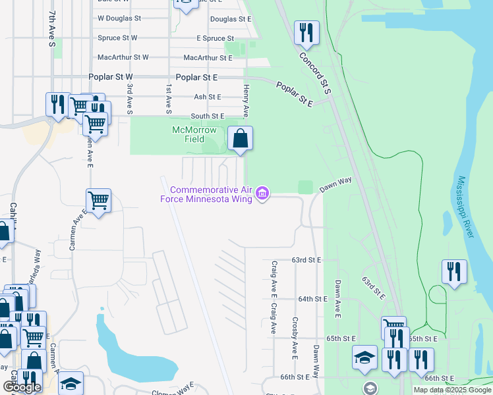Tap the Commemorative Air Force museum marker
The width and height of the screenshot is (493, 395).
click(x=263, y=194)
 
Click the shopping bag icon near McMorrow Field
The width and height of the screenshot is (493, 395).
click(x=241, y=139)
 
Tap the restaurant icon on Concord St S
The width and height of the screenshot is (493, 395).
click(x=306, y=33)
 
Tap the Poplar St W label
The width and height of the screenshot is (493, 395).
click(x=115, y=77)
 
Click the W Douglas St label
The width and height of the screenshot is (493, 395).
click(x=119, y=18)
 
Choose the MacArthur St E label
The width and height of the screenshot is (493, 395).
click(x=208, y=58)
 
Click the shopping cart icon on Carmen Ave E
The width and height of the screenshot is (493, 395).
click(x=98, y=201)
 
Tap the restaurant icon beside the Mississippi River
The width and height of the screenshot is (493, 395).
click(x=454, y=271)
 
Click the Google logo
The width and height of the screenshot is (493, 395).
click(x=22, y=387)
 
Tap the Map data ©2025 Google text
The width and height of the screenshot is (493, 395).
click(x=451, y=390)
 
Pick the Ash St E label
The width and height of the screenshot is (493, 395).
click(x=208, y=97)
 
